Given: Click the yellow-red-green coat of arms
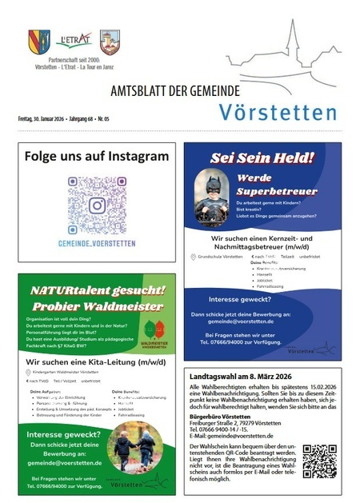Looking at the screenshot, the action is pyautogui.click(x=38, y=42).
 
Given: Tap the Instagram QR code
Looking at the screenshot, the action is pyautogui.click(x=96, y=205).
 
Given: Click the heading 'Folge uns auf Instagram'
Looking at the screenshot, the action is pyautogui.click(x=96, y=156).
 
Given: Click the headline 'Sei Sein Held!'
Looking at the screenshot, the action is pyautogui.click(x=262, y=158).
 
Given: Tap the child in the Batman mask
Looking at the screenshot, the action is pyautogui.click(x=211, y=197).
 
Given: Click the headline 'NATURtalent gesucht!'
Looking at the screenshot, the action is pyautogui.click(x=96, y=289).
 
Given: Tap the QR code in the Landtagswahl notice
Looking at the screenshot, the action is pyautogui.click(x=319, y=461).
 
